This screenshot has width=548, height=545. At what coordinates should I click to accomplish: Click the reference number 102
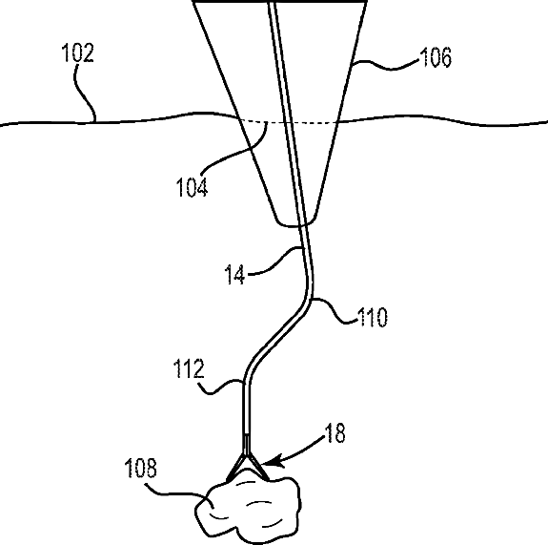coord(77,52)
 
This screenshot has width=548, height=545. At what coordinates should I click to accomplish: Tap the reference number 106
coord(436,57)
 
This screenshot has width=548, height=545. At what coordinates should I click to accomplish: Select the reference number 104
coord(192,187)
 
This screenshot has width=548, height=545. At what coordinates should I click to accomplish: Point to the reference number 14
coord(234,274)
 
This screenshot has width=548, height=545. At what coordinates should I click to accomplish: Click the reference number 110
coord(373,317)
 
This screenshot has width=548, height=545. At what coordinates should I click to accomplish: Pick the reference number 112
coord(189,368)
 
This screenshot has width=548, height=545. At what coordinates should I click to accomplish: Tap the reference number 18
coord(335,432)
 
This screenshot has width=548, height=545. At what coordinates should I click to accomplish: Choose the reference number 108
coord(141,468)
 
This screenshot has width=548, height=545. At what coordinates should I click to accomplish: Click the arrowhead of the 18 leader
coord(270,462)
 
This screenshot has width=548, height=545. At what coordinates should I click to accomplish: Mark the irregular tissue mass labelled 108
coord(248,508)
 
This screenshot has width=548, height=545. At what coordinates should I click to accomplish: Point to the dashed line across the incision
coord(289,122)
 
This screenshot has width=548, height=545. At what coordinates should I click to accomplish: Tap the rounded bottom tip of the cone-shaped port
coord(296,225)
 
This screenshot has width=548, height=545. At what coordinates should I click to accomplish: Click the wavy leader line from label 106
coord(386,67)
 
